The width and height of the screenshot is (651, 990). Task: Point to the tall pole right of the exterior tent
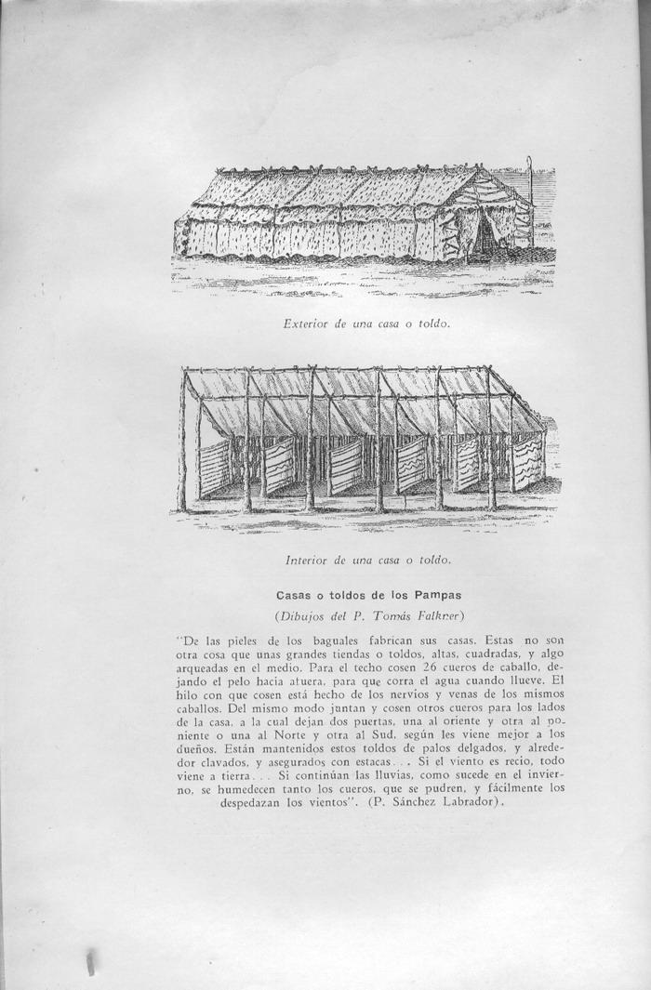click(x=528, y=200)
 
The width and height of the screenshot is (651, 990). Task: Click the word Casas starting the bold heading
click(x=294, y=594)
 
